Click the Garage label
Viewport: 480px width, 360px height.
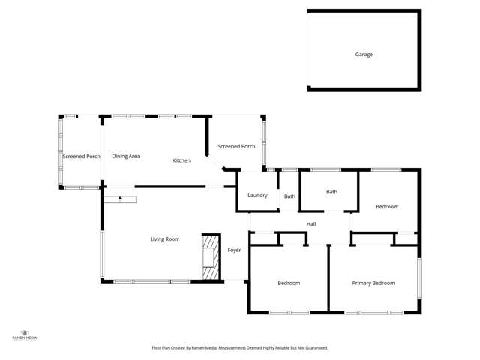[364, 55]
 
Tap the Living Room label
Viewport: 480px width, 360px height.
[165, 239]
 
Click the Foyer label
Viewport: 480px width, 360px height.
[234, 250]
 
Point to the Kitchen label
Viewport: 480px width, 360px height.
[181, 160]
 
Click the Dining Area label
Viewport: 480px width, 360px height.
[126, 156]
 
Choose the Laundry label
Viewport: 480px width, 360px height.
[257, 196]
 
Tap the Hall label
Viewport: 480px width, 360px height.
[311, 224]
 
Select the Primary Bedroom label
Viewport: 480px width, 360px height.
[373, 283]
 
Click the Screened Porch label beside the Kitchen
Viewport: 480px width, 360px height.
[236, 146]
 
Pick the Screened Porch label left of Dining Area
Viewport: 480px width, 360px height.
[81, 156]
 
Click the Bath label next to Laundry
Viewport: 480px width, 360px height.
[289, 196]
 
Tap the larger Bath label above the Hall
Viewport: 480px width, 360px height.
[331, 192]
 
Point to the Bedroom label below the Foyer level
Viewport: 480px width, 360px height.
[289, 283]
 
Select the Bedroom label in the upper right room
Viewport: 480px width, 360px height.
[387, 206]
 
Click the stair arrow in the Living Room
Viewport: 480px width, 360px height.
[120, 199]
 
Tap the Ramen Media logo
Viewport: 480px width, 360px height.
[25, 334]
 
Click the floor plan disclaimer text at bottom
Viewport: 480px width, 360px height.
[240, 348]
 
